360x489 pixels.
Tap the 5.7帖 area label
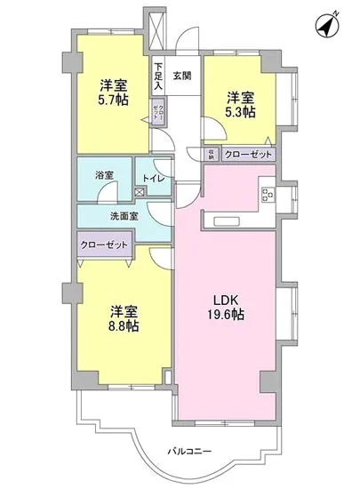click(113, 101)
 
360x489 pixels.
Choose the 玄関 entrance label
click(182, 75)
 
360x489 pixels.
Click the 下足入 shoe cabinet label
click(158, 74)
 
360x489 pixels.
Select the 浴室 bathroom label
click(103, 175)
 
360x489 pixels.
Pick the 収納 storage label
click(212, 154)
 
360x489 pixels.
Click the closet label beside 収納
click(249, 154)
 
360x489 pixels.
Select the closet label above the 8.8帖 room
click(105, 244)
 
